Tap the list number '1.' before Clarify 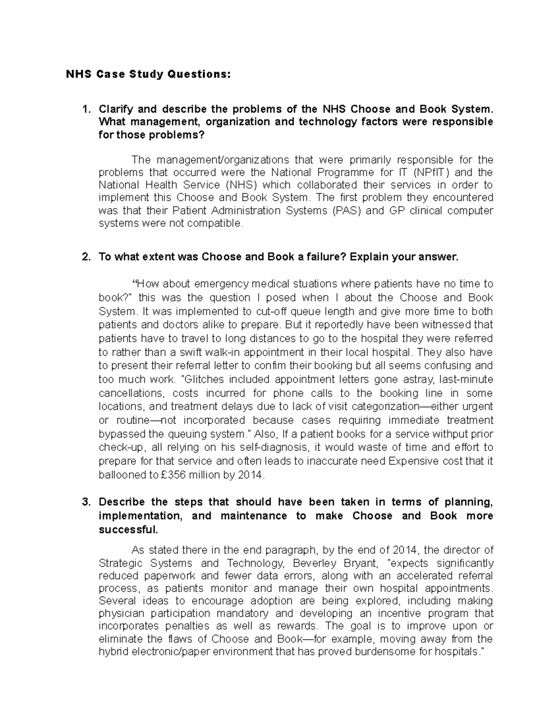tap(85, 109)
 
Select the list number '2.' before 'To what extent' tap(85, 257)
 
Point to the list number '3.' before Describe tap(85, 502)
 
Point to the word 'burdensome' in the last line tap(386, 651)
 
